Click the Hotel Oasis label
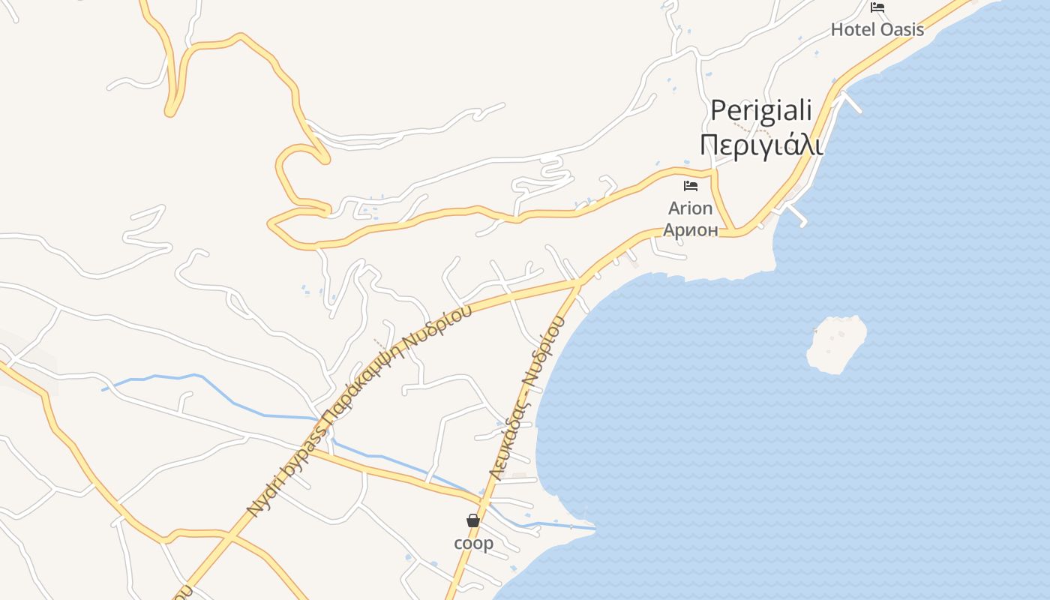pos(877,30)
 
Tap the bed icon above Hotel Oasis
pos(877,7)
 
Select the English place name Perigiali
pos(761,111)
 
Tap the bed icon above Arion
pos(691,185)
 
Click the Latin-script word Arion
pos(690,208)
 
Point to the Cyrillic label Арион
pos(690,229)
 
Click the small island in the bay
pos(835,343)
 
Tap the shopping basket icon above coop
pos(473,520)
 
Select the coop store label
pos(473,542)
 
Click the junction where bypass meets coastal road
pos(578,282)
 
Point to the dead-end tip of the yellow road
pos(171,112)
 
